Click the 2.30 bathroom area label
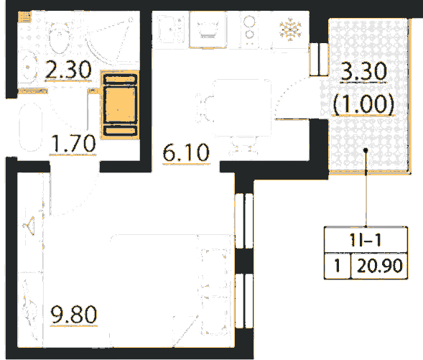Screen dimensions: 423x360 click(68, 70)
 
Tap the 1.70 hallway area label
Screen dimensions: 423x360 click(73, 143)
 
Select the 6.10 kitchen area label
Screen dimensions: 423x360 click(186, 152)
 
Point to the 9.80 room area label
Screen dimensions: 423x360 click(74, 314)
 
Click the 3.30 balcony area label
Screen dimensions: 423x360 click(364, 71)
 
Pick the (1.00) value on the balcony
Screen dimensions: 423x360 click(363, 103)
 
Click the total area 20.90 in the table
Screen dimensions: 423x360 click(380, 266)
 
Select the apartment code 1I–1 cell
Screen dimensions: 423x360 click(366, 239)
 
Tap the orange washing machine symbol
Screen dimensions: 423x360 click(120, 105)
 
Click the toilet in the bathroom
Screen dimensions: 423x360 click(59, 38)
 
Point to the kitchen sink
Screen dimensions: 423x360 click(171, 29)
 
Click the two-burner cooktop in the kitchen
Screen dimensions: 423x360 click(249, 29)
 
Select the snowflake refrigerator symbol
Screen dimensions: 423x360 click(290, 29)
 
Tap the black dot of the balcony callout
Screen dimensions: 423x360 click(366, 150)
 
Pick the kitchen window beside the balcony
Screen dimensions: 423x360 click(319, 59)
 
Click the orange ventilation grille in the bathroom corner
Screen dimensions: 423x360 click(24, 17)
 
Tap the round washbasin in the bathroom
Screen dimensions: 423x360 click(28, 67)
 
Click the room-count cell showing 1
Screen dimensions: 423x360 click(338, 266)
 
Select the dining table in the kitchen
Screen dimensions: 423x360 click(242, 108)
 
